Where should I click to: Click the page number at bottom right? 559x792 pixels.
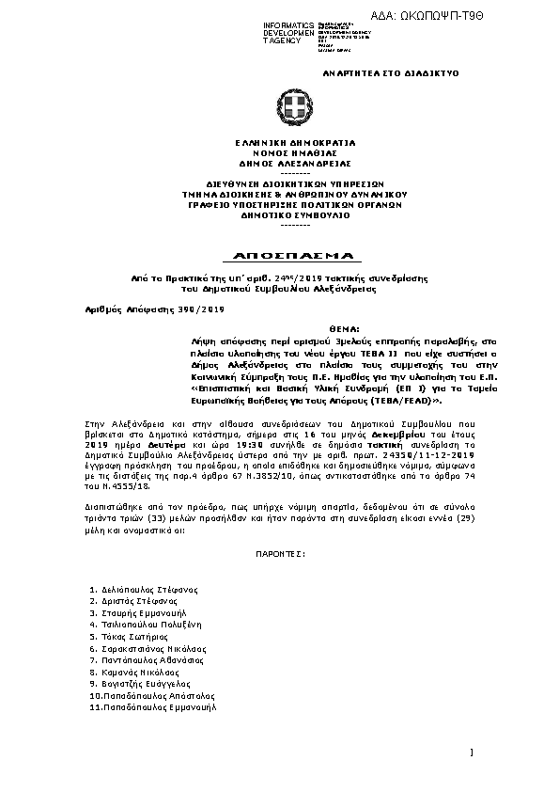[471, 752]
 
